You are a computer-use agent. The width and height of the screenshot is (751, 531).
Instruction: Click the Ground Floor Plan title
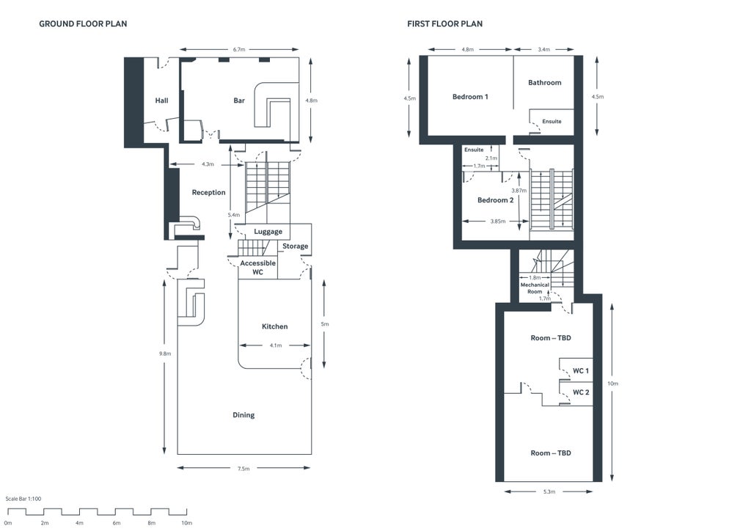83,24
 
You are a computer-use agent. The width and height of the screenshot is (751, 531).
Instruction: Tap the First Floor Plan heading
444,24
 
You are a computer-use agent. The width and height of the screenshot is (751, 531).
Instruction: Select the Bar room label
239,100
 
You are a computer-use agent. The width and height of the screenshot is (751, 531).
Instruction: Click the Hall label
161,100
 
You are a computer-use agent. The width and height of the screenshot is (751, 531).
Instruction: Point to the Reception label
208,193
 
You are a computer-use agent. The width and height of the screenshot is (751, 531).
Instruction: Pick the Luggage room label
268,232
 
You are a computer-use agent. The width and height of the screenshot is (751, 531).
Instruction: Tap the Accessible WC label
258,267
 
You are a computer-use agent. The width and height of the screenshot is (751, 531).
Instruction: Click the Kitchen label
275,326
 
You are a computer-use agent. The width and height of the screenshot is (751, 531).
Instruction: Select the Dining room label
243,415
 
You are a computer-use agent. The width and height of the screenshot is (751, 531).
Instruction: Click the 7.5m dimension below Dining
243,469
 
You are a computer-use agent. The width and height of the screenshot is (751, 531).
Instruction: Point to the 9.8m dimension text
164,354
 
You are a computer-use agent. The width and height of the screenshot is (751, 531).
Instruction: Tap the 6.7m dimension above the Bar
239,49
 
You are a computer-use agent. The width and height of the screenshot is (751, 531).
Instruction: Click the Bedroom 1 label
470,97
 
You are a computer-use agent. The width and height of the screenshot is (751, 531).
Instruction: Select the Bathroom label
544,83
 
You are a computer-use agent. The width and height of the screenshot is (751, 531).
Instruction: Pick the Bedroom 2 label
495,200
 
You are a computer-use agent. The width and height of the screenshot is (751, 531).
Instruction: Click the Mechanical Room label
535,288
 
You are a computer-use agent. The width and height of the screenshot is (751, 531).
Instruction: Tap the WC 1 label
581,370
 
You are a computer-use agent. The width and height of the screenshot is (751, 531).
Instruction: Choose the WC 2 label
581,392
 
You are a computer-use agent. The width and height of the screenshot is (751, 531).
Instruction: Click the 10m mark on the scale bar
186,523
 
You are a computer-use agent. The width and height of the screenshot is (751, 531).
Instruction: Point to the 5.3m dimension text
549,491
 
